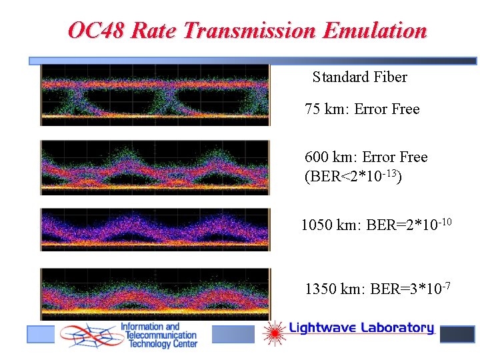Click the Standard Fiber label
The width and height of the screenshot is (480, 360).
pos(359,77)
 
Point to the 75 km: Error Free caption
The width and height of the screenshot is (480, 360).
pos(362,109)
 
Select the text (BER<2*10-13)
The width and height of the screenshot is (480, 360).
pos(353,177)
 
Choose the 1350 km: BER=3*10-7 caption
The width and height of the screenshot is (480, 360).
pos(377,288)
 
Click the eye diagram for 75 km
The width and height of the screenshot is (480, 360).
pos(155,95)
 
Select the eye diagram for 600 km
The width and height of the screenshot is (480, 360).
pos(155,167)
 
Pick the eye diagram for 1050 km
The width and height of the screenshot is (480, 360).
pos(155,229)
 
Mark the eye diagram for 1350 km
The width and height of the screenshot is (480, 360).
pos(155,293)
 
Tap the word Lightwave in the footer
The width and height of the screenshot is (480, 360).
pos(323,328)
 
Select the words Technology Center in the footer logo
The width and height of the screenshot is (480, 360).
pos(159,345)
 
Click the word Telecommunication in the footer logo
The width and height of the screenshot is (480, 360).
pos(159,335)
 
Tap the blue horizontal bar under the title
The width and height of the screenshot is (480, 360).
pos(253,61)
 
